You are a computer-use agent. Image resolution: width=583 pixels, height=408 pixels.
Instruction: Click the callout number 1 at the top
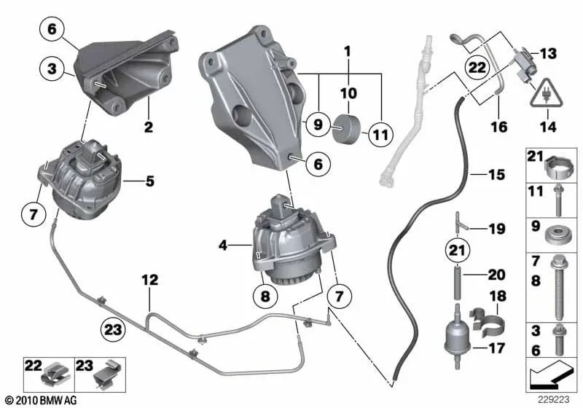[x=348, y=52]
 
